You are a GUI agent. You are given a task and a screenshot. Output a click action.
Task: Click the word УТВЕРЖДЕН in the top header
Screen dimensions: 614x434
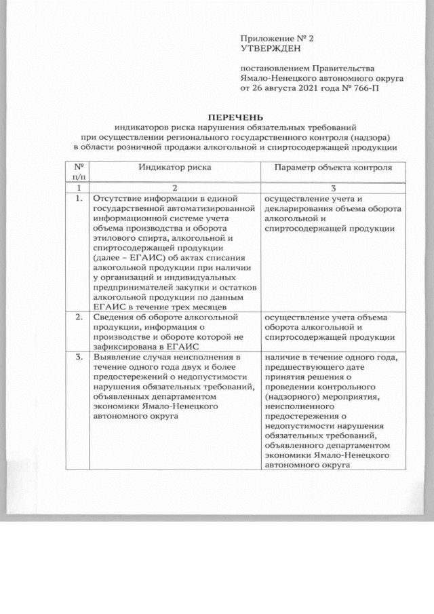pos(269,48)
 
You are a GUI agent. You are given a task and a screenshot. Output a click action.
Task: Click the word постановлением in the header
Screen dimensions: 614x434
pos(274,69)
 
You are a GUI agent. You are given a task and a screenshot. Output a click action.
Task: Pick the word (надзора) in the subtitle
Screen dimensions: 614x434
pos(376,136)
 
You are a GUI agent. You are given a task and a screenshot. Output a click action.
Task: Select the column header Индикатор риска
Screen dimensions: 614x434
pos(175,166)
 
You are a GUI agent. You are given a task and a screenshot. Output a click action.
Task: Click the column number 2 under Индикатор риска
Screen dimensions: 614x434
pos(175,187)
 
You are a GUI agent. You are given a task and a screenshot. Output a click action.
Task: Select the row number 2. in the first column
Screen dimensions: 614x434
pos(79,316)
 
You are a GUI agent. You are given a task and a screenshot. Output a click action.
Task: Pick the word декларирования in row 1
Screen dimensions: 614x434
pos(300,208)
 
